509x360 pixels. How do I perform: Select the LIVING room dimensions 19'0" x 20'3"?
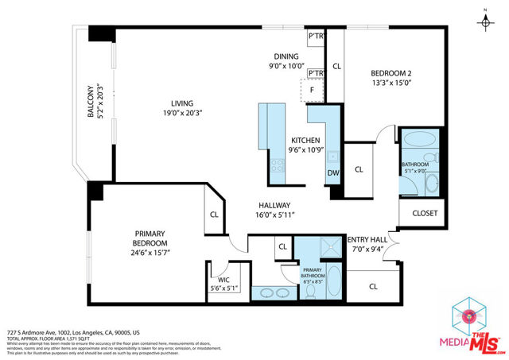tap(182, 114)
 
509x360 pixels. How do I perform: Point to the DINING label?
tap(286, 57)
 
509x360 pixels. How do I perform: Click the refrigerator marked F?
tap(313, 91)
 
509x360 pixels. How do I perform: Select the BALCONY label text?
tap(91, 103)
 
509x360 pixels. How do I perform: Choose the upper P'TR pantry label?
tap(315, 37)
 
